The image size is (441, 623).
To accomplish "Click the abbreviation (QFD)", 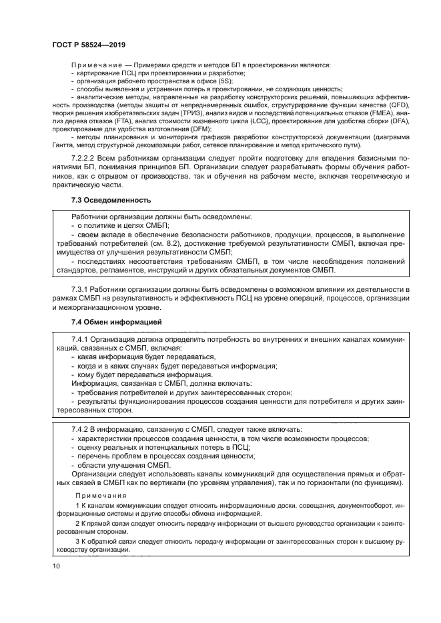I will (x=400, y=105).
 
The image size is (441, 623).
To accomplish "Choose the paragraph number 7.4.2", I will (x=81, y=428).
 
